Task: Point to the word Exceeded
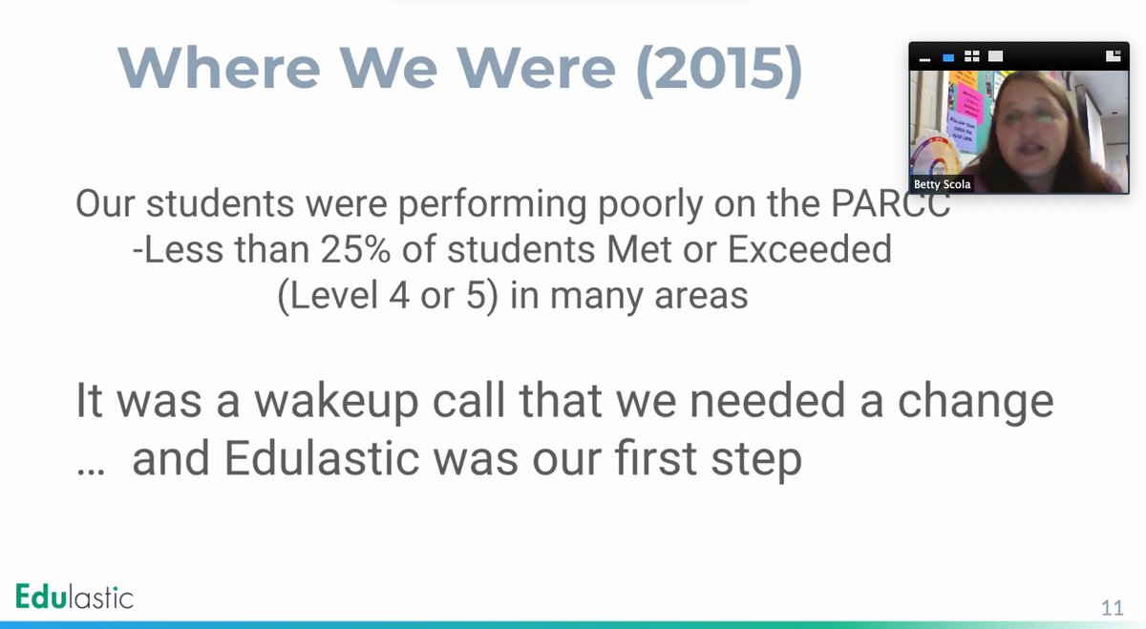tap(810, 249)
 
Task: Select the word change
tap(973, 402)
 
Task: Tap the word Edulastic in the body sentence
tap(322, 459)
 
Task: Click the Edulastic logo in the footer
tap(74, 598)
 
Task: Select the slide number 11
tap(1112, 608)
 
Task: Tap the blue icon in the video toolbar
tap(948, 57)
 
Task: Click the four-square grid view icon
tap(972, 56)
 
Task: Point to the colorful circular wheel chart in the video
tap(934, 157)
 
